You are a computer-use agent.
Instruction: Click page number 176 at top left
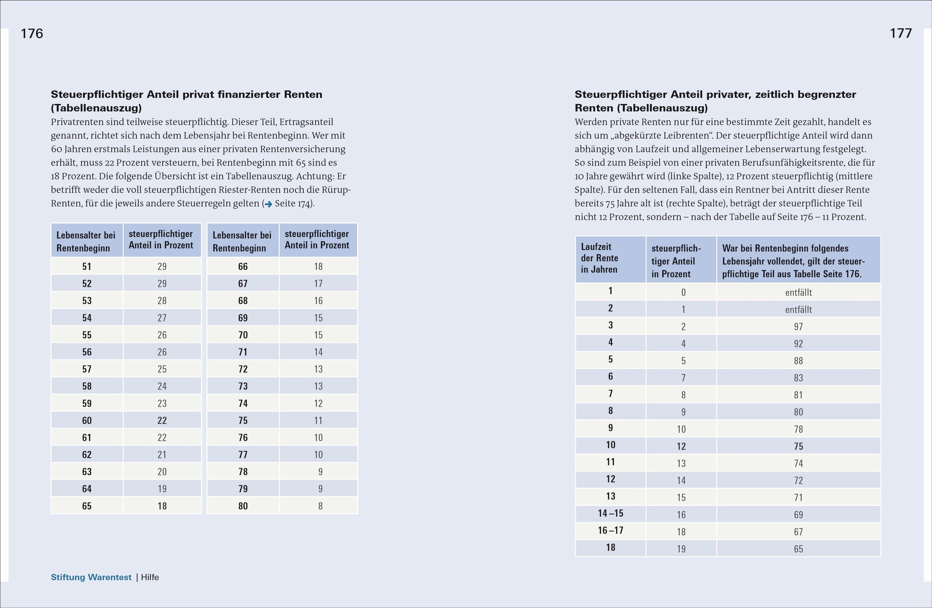click(32, 34)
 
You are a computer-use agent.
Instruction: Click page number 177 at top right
click(901, 33)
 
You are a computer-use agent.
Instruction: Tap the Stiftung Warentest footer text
click(91, 577)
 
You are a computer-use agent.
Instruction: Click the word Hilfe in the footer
click(150, 577)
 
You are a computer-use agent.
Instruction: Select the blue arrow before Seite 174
click(268, 204)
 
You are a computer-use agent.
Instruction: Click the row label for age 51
click(87, 267)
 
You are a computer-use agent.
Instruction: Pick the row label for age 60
click(87, 420)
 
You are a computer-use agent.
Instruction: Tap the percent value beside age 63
click(162, 472)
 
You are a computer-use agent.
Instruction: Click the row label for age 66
click(243, 267)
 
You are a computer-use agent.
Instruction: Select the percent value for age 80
click(320, 506)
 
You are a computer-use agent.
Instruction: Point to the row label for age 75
click(243, 420)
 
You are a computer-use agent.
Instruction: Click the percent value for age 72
click(318, 369)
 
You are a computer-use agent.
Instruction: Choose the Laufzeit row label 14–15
click(610, 513)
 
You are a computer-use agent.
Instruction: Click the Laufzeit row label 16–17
click(610, 530)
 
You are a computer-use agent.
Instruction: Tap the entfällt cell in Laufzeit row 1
click(798, 292)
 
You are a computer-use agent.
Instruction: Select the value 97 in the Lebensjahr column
click(798, 327)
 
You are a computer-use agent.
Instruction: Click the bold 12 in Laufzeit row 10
click(682, 446)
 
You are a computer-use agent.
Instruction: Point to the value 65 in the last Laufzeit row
click(798, 549)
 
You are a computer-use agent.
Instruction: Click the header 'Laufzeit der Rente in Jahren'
click(600, 258)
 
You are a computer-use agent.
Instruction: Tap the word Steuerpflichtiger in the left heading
click(97, 94)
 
